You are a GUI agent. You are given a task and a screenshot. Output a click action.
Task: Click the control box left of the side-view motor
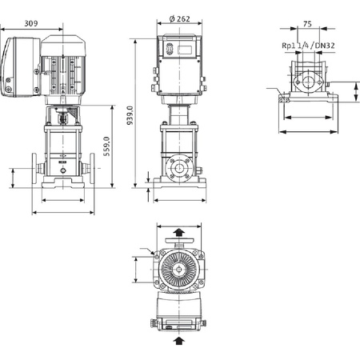[21, 70]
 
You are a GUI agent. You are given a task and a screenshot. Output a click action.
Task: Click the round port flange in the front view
[179, 170]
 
